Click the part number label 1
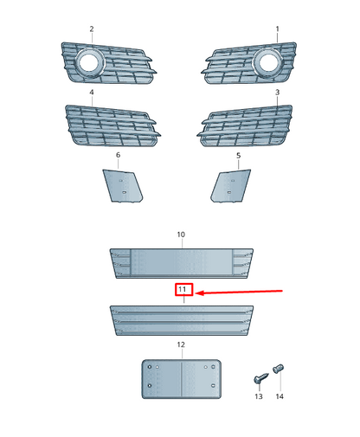tap(278, 29)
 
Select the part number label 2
tap(92, 29)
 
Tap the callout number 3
tap(278, 91)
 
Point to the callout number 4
tap(92, 91)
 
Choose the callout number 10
tap(181, 235)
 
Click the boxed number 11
tap(183, 290)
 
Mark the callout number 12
tap(181, 344)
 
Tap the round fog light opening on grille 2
tap(88, 60)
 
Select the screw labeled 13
tap(260, 377)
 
